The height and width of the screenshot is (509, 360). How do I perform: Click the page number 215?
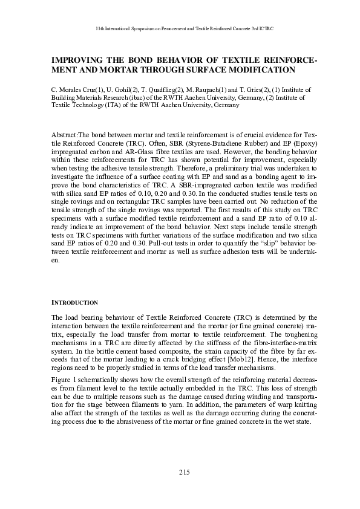(185, 472)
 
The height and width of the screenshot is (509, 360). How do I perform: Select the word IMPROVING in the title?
(77, 60)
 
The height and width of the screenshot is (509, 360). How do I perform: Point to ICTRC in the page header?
(266, 28)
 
